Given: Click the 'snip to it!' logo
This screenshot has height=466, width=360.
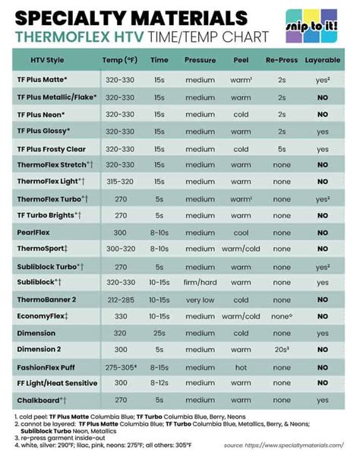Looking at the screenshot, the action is pyautogui.click(x=312, y=27).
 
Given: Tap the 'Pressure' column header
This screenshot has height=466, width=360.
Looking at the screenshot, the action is pyautogui.click(x=200, y=59).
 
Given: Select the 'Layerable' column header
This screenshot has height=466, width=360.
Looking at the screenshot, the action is pyautogui.click(x=322, y=59).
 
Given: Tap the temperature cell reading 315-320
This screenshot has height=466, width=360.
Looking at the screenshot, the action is pyautogui.click(x=120, y=182).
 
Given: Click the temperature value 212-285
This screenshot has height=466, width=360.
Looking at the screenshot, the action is pyautogui.click(x=120, y=300).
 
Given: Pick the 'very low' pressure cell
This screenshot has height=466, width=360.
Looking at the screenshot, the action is pyautogui.click(x=200, y=300).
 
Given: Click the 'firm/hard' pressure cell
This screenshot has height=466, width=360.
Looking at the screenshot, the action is pyautogui.click(x=200, y=283).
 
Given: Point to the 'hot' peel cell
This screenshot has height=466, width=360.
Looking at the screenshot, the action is pyautogui.click(x=241, y=366).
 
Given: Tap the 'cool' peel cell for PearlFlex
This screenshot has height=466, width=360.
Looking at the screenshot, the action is pyautogui.click(x=241, y=233).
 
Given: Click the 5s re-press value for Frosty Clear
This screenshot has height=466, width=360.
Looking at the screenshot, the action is pyautogui.click(x=282, y=148).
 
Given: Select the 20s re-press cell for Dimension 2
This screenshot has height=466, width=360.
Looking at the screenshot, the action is pyautogui.click(x=282, y=350).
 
